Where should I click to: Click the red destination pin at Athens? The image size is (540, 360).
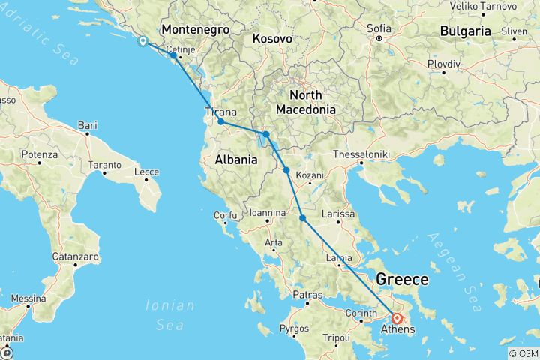click(x=397, y=318)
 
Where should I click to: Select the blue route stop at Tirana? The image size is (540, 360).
click(x=220, y=121)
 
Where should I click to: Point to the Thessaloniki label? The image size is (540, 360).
click(x=362, y=153)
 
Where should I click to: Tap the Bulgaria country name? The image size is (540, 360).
click(x=465, y=31)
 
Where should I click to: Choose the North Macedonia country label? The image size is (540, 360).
click(x=305, y=102)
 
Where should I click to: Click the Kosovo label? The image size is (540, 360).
click(x=271, y=37)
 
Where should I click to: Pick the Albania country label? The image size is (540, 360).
click(x=237, y=159)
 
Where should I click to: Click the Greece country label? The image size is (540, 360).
click(x=402, y=280)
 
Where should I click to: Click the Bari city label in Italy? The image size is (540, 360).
click(x=88, y=124)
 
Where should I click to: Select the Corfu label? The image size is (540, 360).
click(x=225, y=215)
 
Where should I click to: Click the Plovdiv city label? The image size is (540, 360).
click(x=444, y=64)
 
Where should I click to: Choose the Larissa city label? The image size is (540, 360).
click(x=337, y=214)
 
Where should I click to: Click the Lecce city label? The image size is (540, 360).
click(x=146, y=172)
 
